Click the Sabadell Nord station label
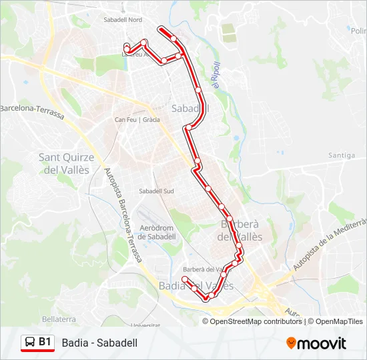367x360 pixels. point(123,20)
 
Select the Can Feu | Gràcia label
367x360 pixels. point(137,120)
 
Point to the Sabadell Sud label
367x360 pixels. point(156,191)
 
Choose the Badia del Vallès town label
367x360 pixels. point(196,286)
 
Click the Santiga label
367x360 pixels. point(342,155)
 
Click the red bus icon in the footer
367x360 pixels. point(29,343)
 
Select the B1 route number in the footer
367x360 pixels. point(45,342)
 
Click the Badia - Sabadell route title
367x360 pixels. point(99,343)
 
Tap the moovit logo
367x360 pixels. point(316,343)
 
